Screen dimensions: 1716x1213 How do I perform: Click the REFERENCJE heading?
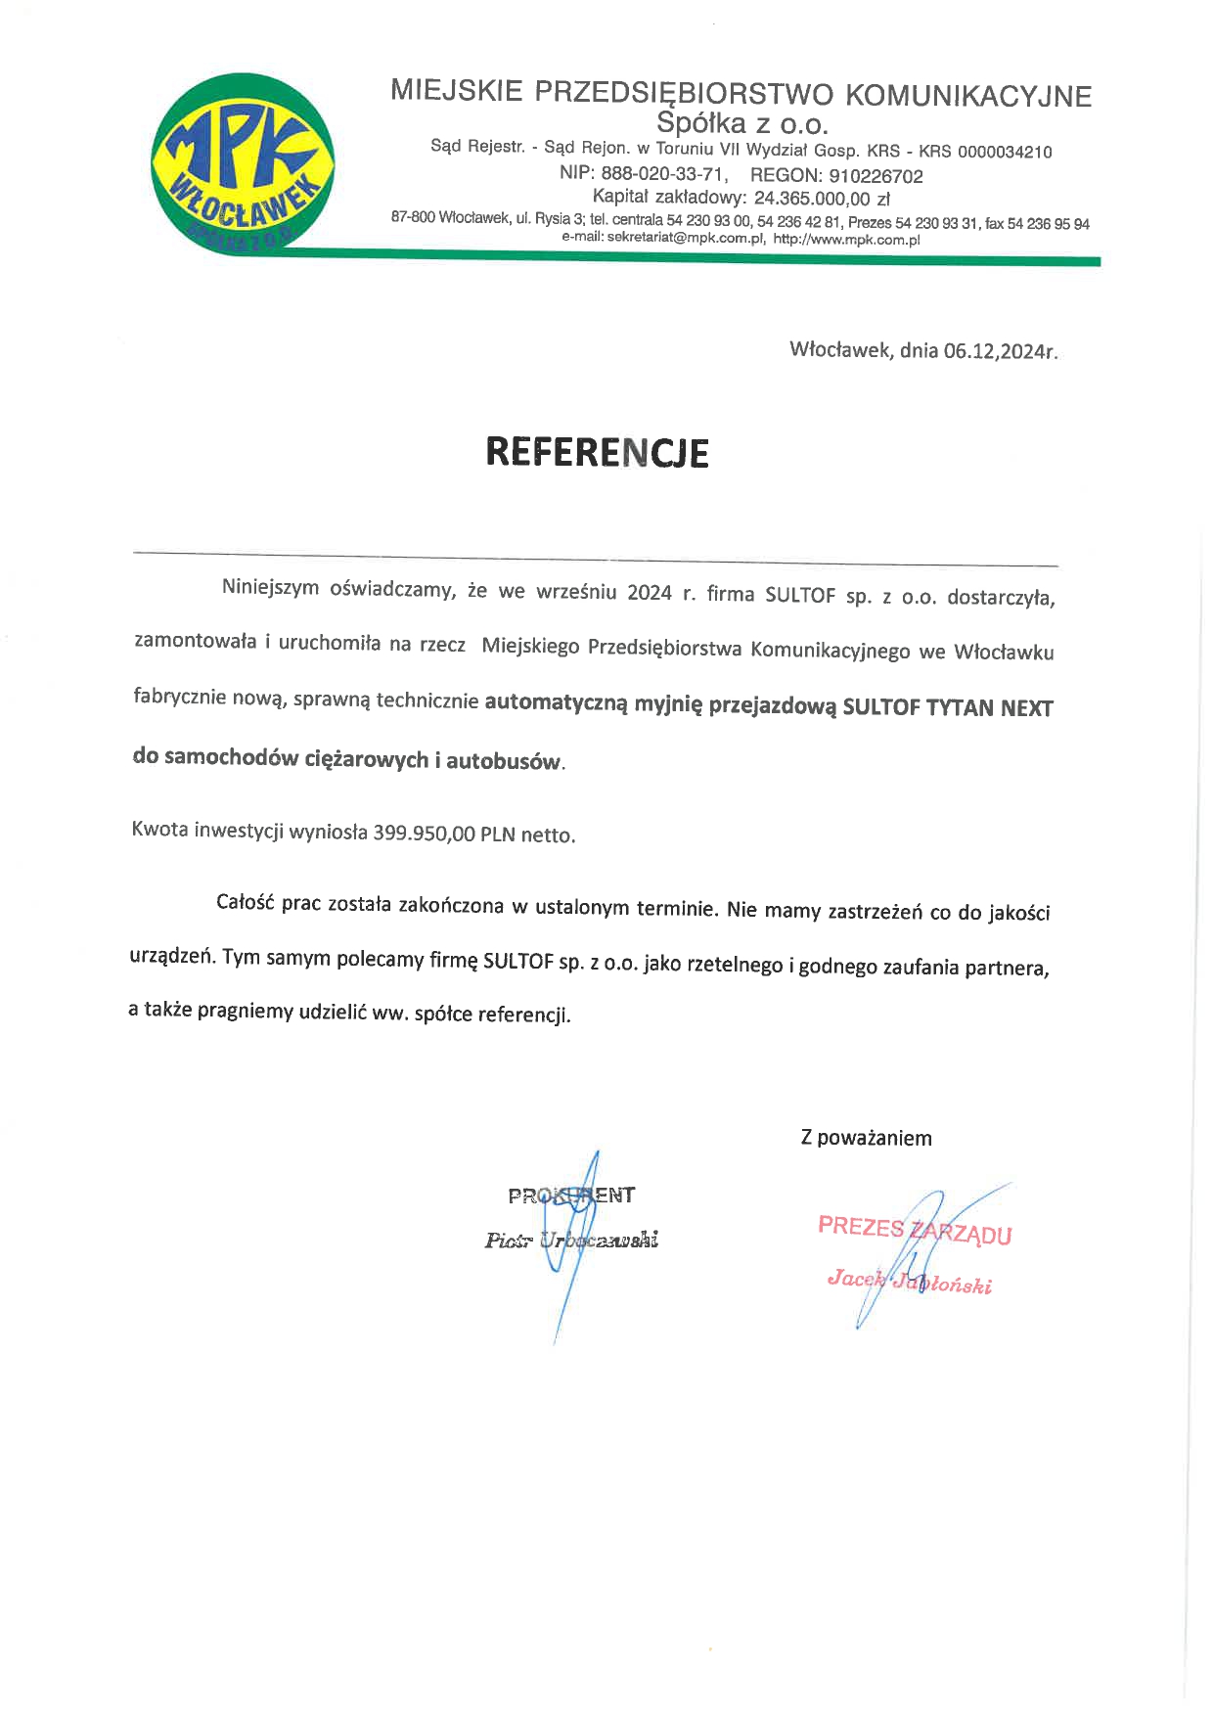(597, 453)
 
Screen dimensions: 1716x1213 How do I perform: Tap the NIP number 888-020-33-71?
(663, 175)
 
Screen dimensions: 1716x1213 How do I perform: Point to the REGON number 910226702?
(876, 176)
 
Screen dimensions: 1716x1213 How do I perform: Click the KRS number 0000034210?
(1005, 152)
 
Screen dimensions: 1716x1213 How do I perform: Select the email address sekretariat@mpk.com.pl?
(685, 238)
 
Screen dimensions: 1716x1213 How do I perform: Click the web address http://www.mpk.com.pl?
(846, 239)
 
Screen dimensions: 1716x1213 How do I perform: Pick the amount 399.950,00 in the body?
(424, 835)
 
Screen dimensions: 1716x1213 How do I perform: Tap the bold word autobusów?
(505, 761)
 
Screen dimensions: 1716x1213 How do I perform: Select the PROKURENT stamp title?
(571, 1196)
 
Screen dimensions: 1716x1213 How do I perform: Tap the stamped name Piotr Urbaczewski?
(571, 1241)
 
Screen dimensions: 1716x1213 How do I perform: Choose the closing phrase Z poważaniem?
(866, 1138)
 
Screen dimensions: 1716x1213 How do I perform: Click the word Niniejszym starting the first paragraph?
(270, 588)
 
